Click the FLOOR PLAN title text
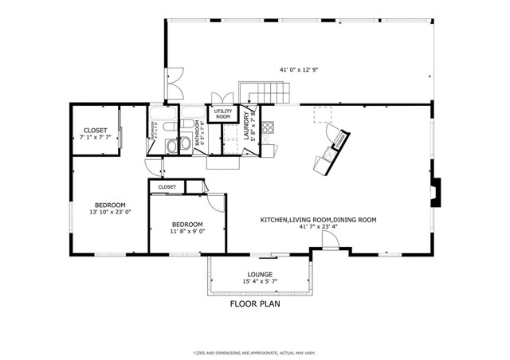pyautogui.click(x=255, y=303)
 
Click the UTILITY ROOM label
pyautogui.click(x=222, y=114)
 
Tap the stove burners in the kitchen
pyautogui.click(x=268, y=127)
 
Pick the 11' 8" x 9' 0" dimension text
pyautogui.click(x=187, y=233)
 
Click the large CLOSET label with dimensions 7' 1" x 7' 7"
pyautogui.click(x=96, y=134)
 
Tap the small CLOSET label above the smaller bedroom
pyautogui.click(x=167, y=186)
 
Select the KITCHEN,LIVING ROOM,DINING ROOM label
pyautogui.click(x=319, y=219)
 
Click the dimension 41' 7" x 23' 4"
pyautogui.click(x=319, y=227)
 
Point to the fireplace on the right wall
pyautogui.click(x=433, y=192)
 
